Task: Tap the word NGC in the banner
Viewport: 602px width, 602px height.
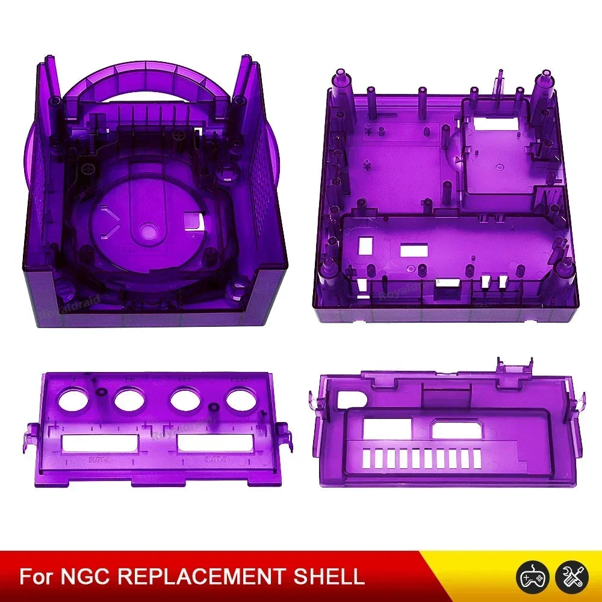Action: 85,576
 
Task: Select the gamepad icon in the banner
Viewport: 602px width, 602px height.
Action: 530,577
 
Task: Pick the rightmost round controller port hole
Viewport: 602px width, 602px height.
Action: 241,399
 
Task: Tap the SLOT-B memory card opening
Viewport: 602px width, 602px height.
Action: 215,444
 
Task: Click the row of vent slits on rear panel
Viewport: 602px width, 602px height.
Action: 421,459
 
